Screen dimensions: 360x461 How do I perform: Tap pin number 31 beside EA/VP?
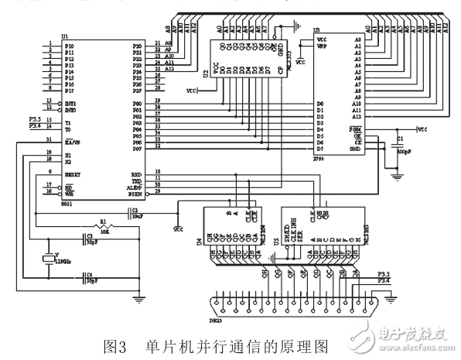pyautogui.click(x=49, y=139)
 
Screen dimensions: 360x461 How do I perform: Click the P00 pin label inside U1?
pyautogui.click(x=137, y=102)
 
